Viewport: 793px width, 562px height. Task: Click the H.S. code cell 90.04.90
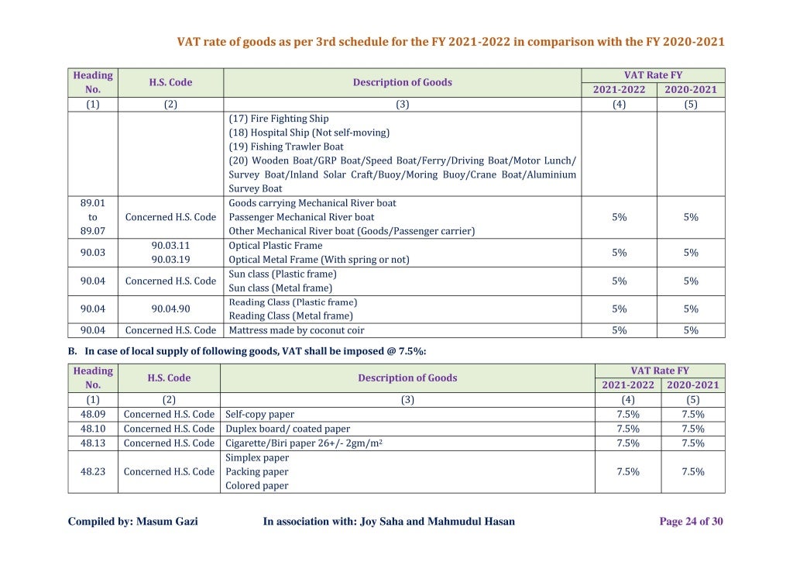pos(170,309)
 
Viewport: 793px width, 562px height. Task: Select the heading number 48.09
pos(93,414)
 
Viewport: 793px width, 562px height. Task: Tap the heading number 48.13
pos(93,443)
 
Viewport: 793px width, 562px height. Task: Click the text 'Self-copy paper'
pos(260,414)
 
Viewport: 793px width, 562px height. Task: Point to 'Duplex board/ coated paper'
pos(287,429)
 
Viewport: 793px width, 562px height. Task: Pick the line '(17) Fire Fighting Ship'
pos(279,119)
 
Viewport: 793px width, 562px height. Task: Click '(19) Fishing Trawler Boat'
pos(286,147)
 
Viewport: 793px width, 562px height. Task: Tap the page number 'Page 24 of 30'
pos(691,522)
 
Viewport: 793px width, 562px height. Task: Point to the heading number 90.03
pos(93,253)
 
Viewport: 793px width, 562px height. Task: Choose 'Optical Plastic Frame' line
pos(276,246)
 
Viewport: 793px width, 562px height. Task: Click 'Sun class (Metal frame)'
pos(280,288)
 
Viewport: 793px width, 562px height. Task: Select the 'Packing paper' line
pos(257,471)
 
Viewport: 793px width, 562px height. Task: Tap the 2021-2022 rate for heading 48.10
pos(628,429)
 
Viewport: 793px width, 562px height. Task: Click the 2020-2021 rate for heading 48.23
pos(693,471)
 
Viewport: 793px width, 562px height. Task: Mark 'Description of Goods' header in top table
pos(403,82)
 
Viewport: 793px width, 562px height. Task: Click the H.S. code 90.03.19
pos(170,260)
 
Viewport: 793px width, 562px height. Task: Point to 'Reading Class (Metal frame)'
pos(290,315)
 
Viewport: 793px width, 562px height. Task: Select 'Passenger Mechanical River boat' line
pos(301,217)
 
